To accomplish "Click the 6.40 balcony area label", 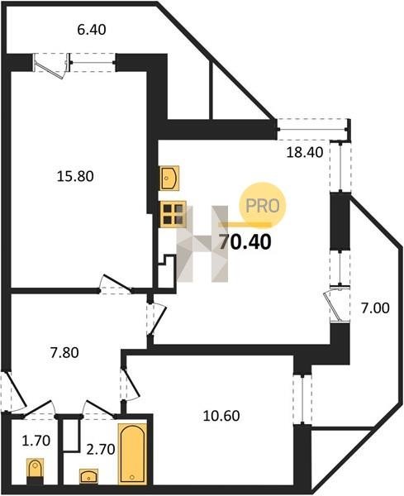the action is tap(92, 30).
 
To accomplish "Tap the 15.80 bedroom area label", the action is tap(75, 176).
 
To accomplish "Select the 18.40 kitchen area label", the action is tap(304, 152).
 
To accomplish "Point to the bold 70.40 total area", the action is tap(245, 242).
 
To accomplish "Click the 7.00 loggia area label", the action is tap(376, 308).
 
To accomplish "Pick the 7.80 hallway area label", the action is tap(64, 352).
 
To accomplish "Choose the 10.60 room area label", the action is tap(221, 416).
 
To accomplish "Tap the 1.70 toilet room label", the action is tap(36, 441).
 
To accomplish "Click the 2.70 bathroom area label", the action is tap(101, 449).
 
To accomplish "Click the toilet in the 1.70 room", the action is tap(35, 470).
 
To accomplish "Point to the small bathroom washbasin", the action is tap(89, 475).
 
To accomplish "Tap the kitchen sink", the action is tap(169, 178).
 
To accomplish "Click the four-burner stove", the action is tap(173, 214).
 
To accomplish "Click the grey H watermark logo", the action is tap(202, 244).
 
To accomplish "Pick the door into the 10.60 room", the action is tap(130, 384).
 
